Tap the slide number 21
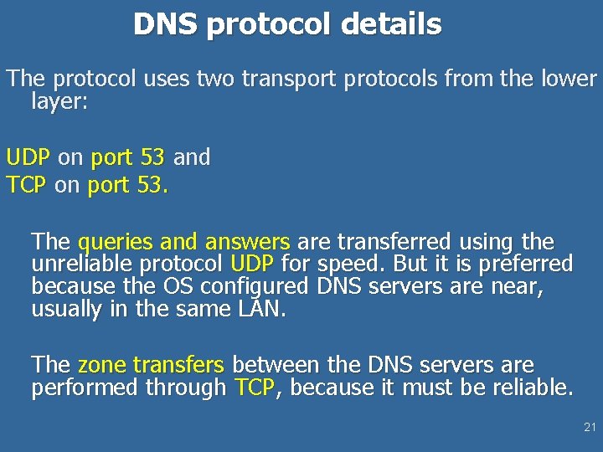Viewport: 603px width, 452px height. [590, 428]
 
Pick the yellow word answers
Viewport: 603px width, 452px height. [247, 243]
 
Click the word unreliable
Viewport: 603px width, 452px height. [83, 265]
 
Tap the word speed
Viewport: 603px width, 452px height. [346, 265]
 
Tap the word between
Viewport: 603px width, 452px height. [273, 366]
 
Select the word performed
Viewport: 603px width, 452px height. [85, 388]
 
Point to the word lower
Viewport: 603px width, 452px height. [571, 80]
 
